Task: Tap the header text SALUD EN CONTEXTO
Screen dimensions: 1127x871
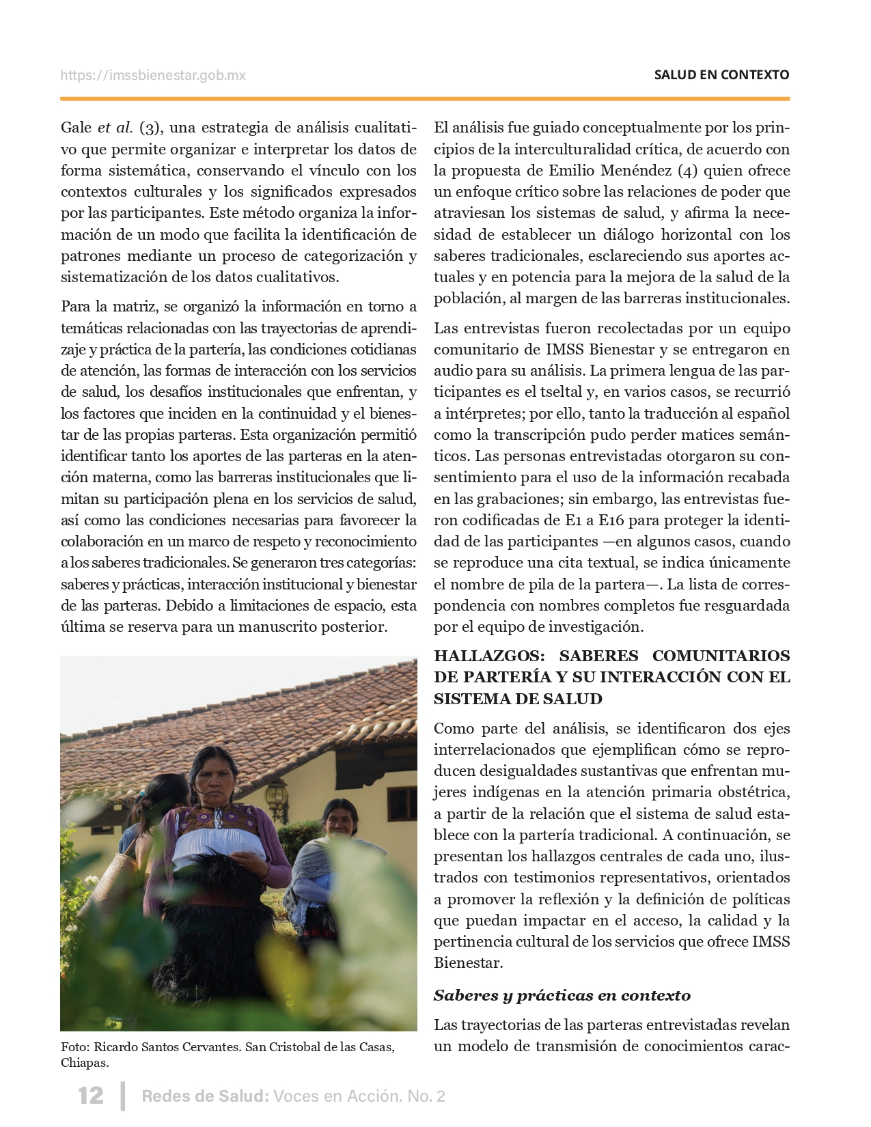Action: coord(721,75)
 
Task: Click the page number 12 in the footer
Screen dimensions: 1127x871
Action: coord(91,1096)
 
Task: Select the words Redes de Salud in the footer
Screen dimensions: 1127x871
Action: coord(204,1096)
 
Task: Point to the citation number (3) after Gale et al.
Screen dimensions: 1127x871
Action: coord(150,128)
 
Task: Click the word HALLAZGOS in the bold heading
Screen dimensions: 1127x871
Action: coord(488,656)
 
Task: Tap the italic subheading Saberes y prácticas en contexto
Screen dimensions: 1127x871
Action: coord(562,995)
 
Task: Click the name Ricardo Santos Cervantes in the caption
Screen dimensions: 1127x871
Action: coord(166,1047)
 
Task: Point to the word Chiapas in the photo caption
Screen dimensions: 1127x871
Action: coord(84,1063)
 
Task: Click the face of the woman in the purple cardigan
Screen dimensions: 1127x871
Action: coord(217,779)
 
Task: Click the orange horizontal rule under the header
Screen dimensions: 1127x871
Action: coord(424,99)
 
